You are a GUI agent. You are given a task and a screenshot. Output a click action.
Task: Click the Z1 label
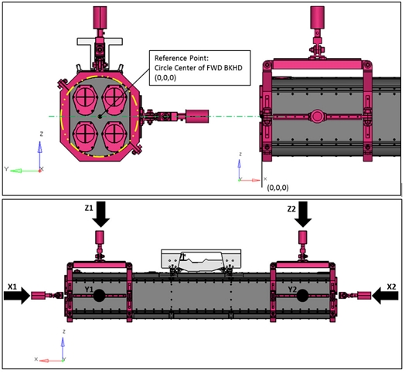(89, 208)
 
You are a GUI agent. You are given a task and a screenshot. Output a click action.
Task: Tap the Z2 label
(291, 209)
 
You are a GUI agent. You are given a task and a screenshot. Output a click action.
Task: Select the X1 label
(12, 287)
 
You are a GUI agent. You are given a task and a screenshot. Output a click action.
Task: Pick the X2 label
(392, 287)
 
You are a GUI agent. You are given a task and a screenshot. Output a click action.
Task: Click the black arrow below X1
(17, 296)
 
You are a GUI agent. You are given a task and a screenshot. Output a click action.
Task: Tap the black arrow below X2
(386, 296)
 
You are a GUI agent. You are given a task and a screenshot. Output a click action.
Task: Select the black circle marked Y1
(99, 296)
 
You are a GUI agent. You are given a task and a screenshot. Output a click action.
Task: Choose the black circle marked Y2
(302, 296)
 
